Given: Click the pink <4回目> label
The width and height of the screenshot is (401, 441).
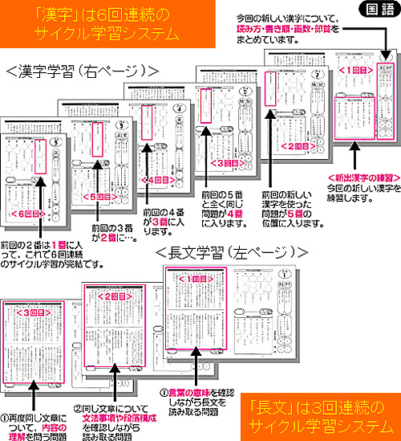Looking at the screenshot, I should (153, 182).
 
